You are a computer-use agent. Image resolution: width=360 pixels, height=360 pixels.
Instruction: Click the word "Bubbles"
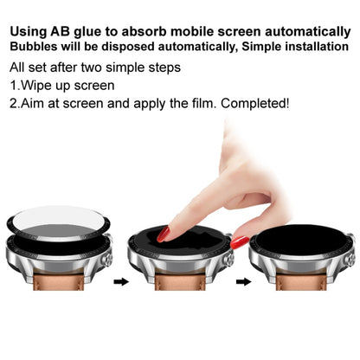[x=34, y=35]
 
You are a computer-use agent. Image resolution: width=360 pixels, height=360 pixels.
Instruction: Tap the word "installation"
[x=311, y=35]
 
